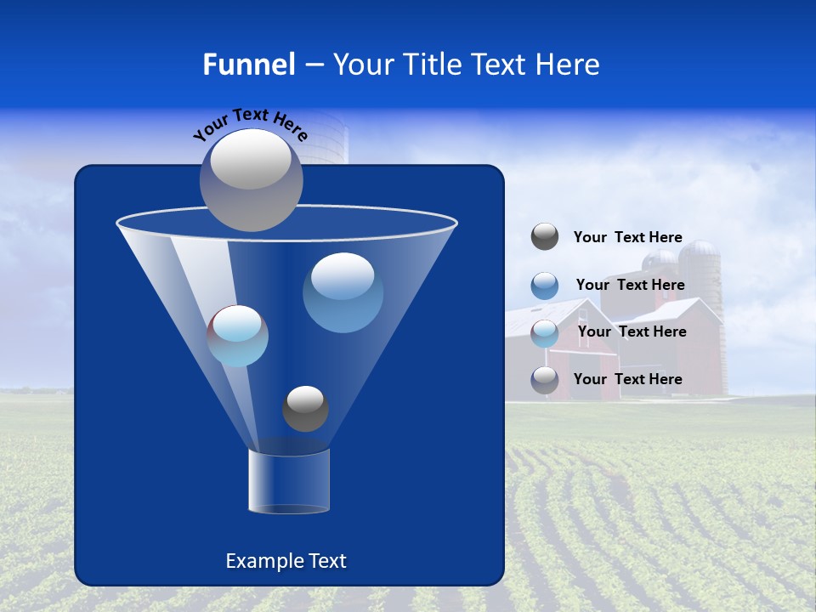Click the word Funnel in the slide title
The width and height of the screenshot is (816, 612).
[x=248, y=65]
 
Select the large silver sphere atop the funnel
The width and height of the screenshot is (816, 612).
[x=252, y=179]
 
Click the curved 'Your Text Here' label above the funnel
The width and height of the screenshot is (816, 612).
[x=251, y=123]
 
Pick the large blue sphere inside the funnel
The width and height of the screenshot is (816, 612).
[x=343, y=292]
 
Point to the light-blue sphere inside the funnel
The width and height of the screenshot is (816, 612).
[x=238, y=336]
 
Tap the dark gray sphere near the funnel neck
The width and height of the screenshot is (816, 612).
[x=305, y=408]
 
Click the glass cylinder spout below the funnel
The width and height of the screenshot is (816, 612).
[x=288, y=482]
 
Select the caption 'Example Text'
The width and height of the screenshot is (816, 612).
[x=286, y=561]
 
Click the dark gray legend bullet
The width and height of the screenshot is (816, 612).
[x=545, y=237]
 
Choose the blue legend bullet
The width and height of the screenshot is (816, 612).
[x=545, y=285]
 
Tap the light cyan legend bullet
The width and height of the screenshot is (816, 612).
[x=545, y=332]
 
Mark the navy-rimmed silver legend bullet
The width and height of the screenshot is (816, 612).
[x=545, y=379]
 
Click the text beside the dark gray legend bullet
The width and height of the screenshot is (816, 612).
[x=627, y=238]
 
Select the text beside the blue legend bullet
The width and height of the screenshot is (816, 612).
[x=630, y=285]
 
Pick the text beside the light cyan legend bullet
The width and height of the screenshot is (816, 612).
[x=632, y=331]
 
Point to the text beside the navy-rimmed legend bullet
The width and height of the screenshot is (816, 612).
[x=627, y=379]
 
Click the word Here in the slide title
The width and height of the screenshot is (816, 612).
[x=564, y=65]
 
